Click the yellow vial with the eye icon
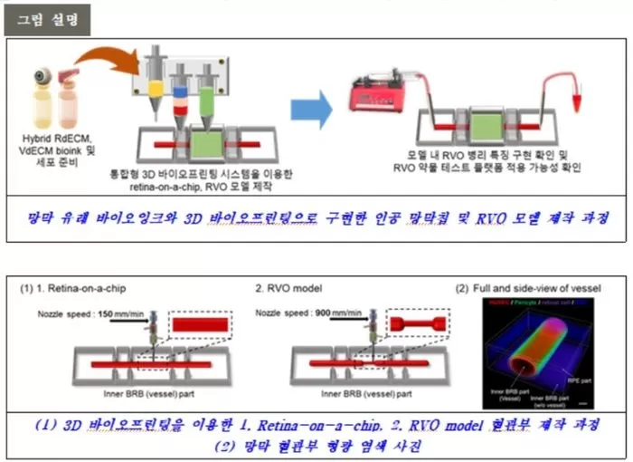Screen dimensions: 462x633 [x=41, y=96]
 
